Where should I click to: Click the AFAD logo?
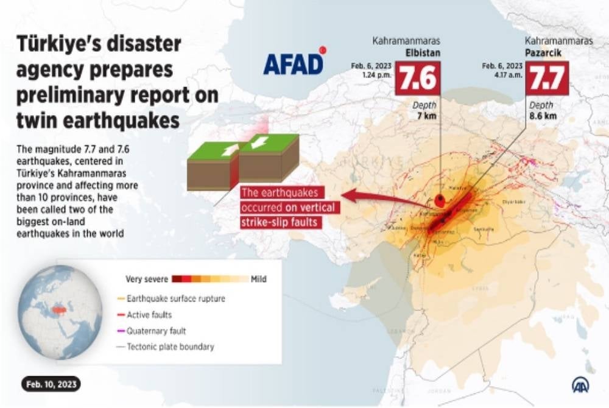[294, 63]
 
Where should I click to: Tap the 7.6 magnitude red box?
[417, 78]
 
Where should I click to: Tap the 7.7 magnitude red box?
[547, 78]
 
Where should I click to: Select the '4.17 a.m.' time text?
[508, 74]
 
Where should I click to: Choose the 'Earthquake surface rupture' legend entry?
[175, 299]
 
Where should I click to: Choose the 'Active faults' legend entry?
[149, 315]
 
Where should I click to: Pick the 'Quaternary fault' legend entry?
[156, 331]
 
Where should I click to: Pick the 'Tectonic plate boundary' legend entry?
[170, 347]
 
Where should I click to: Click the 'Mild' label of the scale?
[258, 280]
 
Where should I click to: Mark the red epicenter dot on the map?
[440, 199]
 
